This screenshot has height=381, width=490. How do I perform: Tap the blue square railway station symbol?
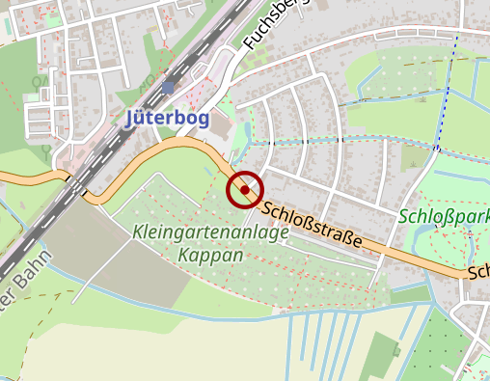[168, 88]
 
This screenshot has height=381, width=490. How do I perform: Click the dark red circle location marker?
[245, 190]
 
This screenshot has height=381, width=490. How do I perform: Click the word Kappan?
[210, 256]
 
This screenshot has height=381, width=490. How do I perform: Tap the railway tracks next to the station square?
[145, 96]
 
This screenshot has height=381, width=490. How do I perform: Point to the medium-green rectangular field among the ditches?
[384, 355]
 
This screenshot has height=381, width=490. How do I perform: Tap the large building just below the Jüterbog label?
[221, 126]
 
